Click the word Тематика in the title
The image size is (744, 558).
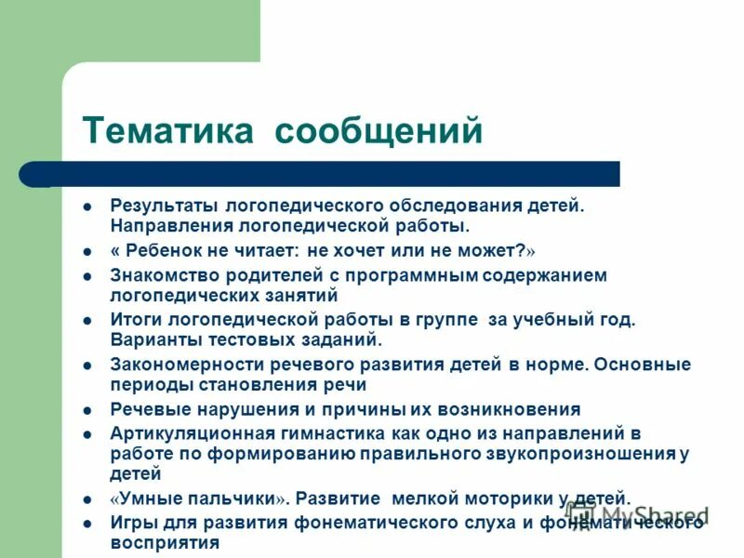(x=167, y=130)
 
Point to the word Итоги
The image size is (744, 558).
(x=137, y=319)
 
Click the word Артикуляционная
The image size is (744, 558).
(x=191, y=432)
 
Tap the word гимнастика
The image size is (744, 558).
(x=325, y=432)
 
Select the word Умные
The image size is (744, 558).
(x=147, y=498)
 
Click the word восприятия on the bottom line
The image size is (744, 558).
(x=165, y=542)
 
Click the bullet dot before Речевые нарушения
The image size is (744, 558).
(x=86, y=410)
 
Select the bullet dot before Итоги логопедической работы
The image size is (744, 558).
(x=86, y=320)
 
